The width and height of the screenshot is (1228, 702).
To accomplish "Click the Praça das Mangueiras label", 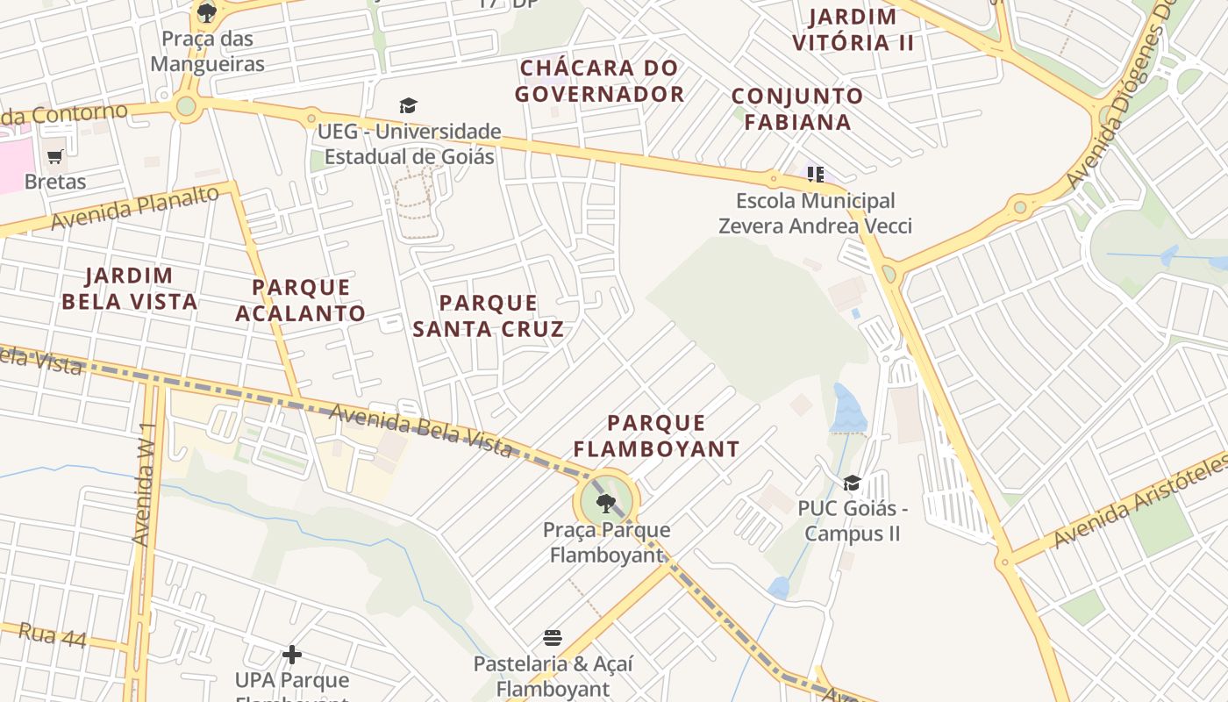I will coord(207,51).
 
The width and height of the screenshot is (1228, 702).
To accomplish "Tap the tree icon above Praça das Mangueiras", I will coord(207,12).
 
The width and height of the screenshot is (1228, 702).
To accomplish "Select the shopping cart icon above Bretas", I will coord(55,157).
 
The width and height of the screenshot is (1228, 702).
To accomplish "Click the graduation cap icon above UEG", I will coord(408,106).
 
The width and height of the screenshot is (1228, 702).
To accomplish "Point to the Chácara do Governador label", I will coord(599,81).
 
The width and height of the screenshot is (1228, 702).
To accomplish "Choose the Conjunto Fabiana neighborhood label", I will coord(797,109).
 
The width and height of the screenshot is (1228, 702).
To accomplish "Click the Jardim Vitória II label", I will coord(853,29).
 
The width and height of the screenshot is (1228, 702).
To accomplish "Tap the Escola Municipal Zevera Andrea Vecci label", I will coord(815,213).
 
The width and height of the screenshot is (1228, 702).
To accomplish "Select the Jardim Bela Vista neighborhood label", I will coord(129,289).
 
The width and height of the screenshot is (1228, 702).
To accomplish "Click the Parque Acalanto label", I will coord(301,300).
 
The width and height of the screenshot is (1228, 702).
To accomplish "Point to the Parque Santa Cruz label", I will coord(488,316).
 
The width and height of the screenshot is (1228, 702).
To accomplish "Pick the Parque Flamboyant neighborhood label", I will coord(656,436).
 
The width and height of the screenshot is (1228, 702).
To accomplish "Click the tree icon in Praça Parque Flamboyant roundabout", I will coord(605,503).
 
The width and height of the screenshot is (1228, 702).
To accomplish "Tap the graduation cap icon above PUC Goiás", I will coord(852,484).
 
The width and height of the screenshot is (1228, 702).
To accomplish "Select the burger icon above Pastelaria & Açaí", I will coord(553,637).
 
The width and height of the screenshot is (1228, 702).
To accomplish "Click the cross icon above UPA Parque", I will coord(292,655).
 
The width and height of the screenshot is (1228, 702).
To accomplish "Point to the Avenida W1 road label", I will coord(145,484).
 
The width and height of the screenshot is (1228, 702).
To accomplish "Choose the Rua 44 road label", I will coord(53,635).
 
